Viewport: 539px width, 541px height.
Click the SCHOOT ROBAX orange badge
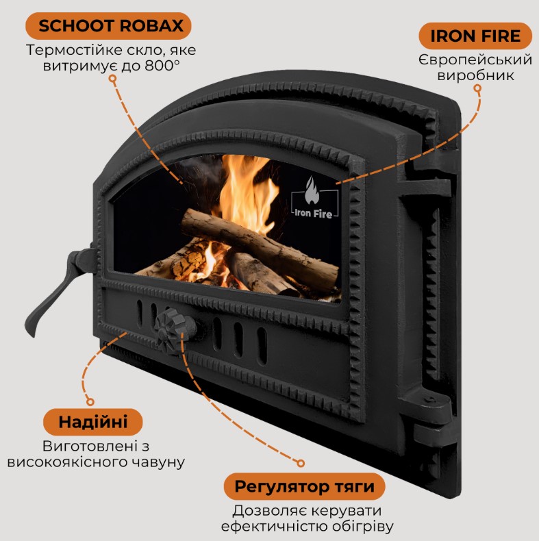point(108,26)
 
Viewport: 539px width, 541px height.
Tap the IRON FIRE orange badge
point(475,36)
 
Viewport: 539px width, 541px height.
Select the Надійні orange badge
point(93,422)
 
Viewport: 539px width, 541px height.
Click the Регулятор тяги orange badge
point(304,486)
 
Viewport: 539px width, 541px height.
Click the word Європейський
point(475,60)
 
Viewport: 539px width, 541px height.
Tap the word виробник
point(475,75)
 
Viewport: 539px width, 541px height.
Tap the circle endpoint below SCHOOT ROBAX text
point(112,79)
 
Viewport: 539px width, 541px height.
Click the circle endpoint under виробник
point(477,88)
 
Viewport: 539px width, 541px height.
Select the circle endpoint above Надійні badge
point(90,401)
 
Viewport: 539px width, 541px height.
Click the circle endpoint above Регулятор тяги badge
point(301,463)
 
